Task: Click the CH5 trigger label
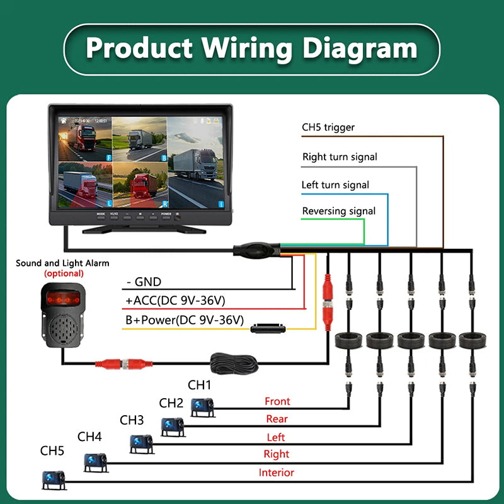(328, 128)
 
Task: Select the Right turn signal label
(340, 157)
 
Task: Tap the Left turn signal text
(336, 185)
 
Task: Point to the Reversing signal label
(339, 211)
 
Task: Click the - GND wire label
(144, 282)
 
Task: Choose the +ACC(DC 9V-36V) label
(176, 301)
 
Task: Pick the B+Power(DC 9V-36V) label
(184, 320)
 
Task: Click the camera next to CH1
(203, 408)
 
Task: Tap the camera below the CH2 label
(173, 427)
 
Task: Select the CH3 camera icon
(141, 444)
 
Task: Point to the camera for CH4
(96, 462)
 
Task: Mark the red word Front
(277, 401)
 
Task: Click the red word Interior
(276, 472)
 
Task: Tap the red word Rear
(277, 419)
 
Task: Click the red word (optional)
(63, 273)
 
